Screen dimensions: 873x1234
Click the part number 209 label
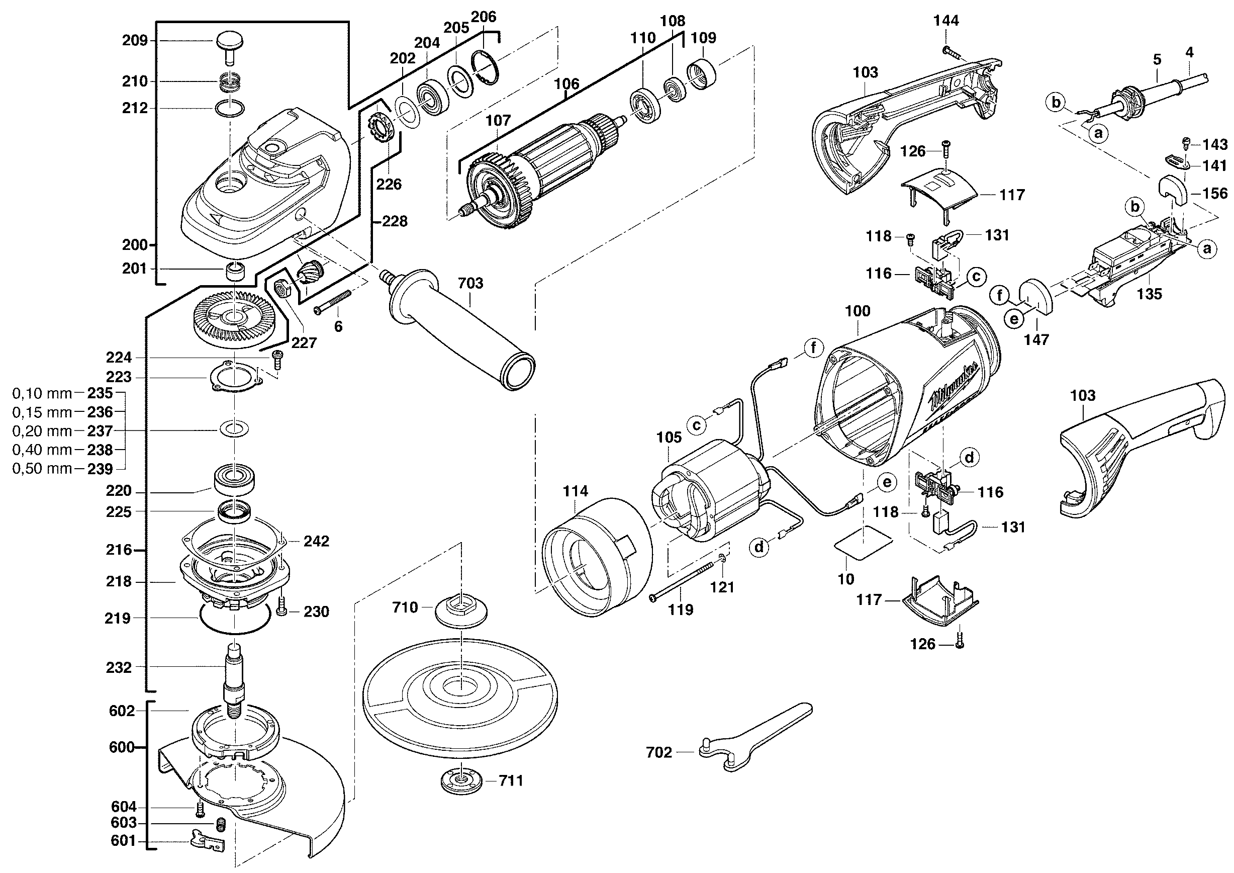pyautogui.click(x=135, y=41)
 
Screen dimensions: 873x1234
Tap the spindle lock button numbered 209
pyautogui.click(x=230, y=42)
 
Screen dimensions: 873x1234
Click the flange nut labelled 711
pyautogui.click(x=461, y=781)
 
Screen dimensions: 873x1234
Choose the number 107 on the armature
pyautogui.click(x=498, y=120)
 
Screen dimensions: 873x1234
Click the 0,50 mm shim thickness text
pyautogui.click(x=42, y=469)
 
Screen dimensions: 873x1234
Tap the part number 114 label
pyautogui.click(x=575, y=491)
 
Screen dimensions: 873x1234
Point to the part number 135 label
pyautogui.click(x=1149, y=294)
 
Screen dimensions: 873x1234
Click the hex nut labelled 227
pyautogui.click(x=282, y=289)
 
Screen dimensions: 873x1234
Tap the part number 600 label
pyautogui.click(x=122, y=747)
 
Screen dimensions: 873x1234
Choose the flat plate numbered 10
pyautogui.click(x=863, y=544)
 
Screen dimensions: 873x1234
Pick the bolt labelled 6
pyautogui.click(x=333, y=302)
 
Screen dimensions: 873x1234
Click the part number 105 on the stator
pyautogui.click(x=669, y=437)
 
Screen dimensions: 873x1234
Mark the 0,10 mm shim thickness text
pyautogui.click(x=42, y=393)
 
